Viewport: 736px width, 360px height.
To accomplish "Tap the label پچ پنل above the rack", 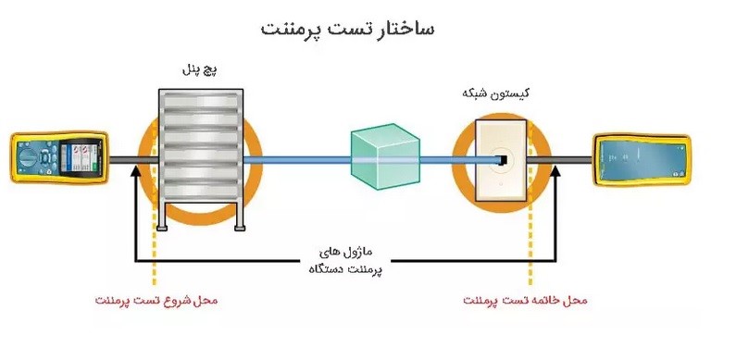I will [x=199, y=69].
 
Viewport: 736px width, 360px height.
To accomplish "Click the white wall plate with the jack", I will [x=500, y=161].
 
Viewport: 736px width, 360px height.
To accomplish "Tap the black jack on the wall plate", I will [x=501, y=161].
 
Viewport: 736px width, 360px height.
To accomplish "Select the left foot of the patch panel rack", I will [x=163, y=225].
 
